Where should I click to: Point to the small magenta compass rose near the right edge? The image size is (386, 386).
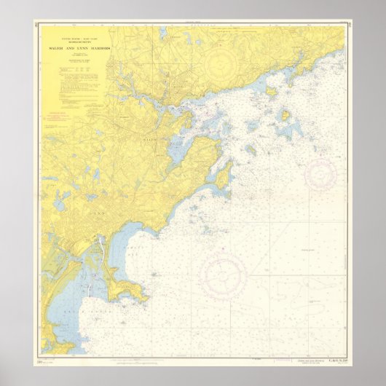(x=320, y=173)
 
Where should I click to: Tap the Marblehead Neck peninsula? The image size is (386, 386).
(x=223, y=175)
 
